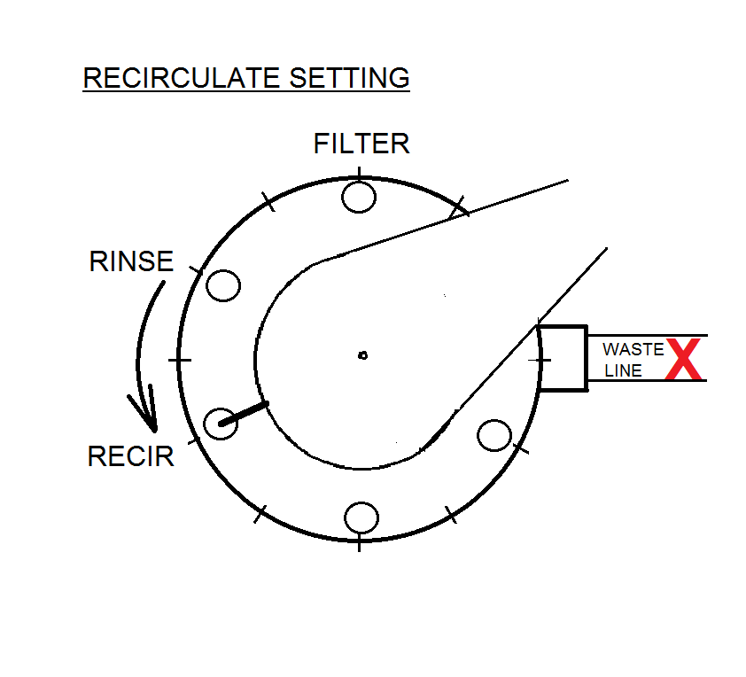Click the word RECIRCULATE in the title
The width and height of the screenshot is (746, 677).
click(x=183, y=78)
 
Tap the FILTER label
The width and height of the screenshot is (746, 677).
click(x=361, y=144)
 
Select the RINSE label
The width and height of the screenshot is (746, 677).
click(x=131, y=262)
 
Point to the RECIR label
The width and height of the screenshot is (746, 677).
click(x=130, y=456)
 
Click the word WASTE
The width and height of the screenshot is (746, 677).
click(x=633, y=349)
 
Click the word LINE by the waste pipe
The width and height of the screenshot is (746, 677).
click(x=623, y=371)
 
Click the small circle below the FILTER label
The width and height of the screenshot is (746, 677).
click(x=359, y=196)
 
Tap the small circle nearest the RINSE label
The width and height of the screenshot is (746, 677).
click(x=222, y=285)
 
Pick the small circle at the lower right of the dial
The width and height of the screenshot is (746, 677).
click(x=493, y=435)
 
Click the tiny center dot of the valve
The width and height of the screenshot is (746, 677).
click(x=362, y=355)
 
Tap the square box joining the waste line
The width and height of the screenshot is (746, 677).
click(x=563, y=357)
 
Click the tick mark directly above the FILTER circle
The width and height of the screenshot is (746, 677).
click(x=359, y=172)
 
